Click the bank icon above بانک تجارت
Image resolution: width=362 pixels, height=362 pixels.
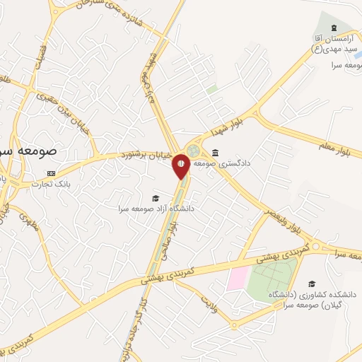click(x=51, y=173)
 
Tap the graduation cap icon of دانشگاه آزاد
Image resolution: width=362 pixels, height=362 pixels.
click(x=156, y=198)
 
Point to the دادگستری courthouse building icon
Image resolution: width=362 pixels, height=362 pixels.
click(x=215, y=153)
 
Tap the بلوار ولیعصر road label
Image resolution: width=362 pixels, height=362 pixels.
click(x=285, y=226)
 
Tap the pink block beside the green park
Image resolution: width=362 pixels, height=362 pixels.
click(x=237, y=278)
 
